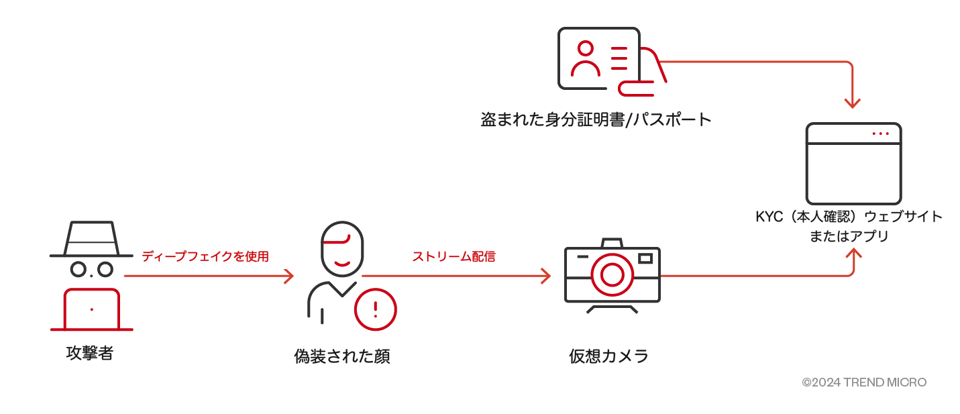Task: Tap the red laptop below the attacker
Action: pyautogui.click(x=92, y=310)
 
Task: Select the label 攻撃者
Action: pyautogui.click(x=90, y=353)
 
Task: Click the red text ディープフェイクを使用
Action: pyautogui.click(x=205, y=256)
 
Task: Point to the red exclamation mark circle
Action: pyautogui.click(x=375, y=309)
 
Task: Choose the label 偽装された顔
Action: pyautogui.click(x=342, y=356)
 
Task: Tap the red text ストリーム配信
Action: pyautogui.click(x=454, y=256)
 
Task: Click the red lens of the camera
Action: pyautogui.click(x=612, y=274)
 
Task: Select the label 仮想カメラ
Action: pyautogui.click(x=609, y=356)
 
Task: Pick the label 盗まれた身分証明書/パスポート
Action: pyautogui.click(x=596, y=120)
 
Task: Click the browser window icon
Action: pyautogui.click(x=853, y=164)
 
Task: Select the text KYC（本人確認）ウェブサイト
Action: pyautogui.click(x=849, y=217)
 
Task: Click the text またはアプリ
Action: pyautogui.click(x=849, y=236)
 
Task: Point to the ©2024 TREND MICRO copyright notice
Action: pyautogui.click(x=864, y=382)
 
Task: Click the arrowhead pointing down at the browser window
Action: pyautogui.click(x=852, y=103)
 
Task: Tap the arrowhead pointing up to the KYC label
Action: pyautogui.click(x=853, y=255)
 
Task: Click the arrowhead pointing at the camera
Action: pyautogui.click(x=545, y=276)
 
